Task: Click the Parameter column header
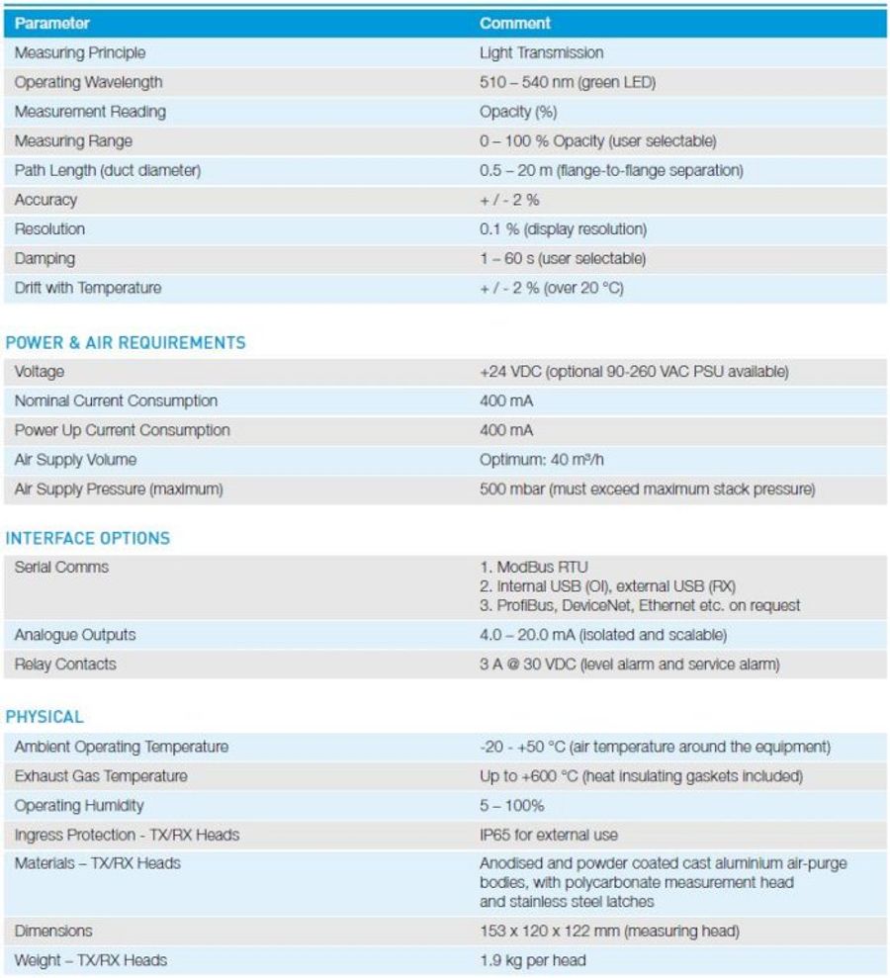pyautogui.click(x=51, y=23)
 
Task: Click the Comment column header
pyautogui.click(x=515, y=23)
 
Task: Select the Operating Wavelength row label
pyautogui.click(x=88, y=82)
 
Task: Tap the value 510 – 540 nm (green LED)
pyautogui.click(x=567, y=82)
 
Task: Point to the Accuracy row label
pyautogui.click(x=45, y=200)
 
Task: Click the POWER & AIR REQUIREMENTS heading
pyautogui.click(x=126, y=342)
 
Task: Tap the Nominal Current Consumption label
pyautogui.click(x=116, y=401)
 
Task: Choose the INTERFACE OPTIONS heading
pyautogui.click(x=88, y=538)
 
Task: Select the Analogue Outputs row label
pyautogui.click(x=75, y=635)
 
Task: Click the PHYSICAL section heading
pyautogui.click(x=44, y=716)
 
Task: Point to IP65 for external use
pyautogui.click(x=549, y=835)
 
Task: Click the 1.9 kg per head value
pyautogui.click(x=533, y=960)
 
